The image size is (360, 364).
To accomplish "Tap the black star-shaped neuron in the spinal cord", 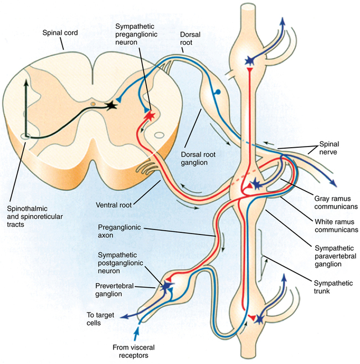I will pos(113,104).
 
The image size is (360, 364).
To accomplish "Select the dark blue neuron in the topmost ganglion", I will pos(253,59).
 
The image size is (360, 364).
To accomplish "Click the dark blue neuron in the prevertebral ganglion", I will pos(166,285).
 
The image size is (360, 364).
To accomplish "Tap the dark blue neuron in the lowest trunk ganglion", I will pos(257,318).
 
